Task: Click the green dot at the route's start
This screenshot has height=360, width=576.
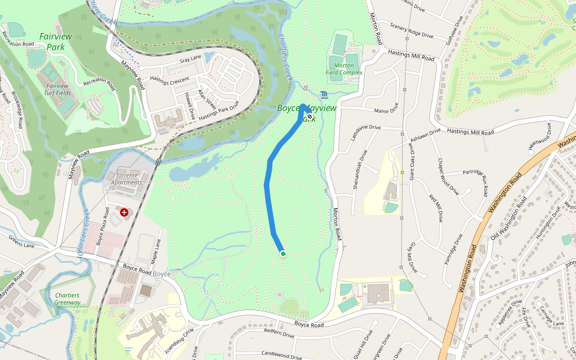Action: (283, 254)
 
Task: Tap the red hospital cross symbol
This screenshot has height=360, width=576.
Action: (124, 212)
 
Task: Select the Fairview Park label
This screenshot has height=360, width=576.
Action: (55, 41)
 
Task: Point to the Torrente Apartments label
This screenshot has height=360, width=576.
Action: (127, 179)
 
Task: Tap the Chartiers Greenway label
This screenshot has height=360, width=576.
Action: (67, 299)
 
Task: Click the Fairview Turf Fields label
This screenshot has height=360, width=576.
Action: (58, 89)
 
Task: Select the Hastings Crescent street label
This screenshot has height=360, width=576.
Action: (169, 79)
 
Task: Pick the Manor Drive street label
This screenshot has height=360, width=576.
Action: (386, 111)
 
